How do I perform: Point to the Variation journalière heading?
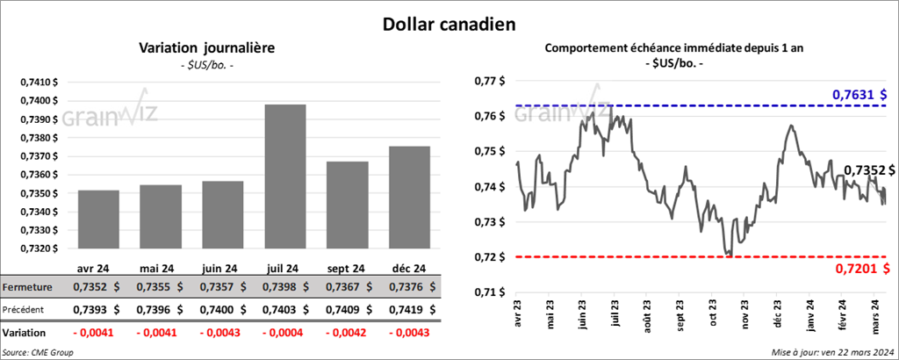click(x=207, y=48)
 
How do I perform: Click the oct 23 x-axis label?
click(x=713, y=320)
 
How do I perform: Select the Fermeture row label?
click(x=27, y=287)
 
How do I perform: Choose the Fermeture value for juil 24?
click(x=287, y=287)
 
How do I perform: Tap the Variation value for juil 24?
click(x=287, y=333)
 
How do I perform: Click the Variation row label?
click(x=25, y=333)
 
